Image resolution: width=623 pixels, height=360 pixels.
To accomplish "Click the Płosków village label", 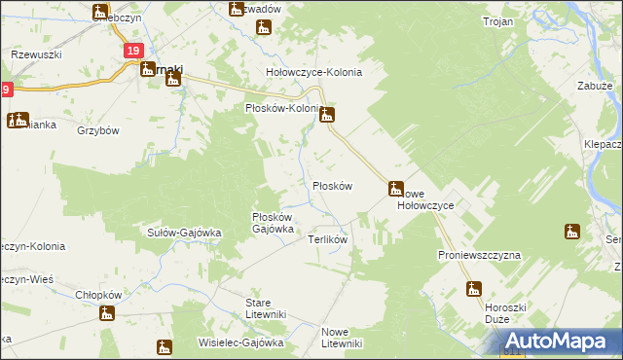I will click(x=331, y=185).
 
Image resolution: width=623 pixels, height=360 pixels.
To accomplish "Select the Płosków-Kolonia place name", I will click(x=283, y=109).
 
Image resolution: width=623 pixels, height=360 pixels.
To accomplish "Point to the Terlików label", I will click(x=328, y=238).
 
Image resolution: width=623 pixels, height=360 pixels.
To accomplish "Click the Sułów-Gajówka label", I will click(x=185, y=233).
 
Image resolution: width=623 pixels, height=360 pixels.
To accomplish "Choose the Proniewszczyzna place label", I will click(x=479, y=254).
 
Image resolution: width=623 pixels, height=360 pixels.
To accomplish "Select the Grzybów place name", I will click(x=97, y=130).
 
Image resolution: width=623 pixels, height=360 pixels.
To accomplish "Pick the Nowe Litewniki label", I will click(x=342, y=337).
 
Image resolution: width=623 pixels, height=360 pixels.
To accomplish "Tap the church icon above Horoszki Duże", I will click(x=474, y=288).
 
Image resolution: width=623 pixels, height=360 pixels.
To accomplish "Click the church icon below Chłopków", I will click(x=107, y=312).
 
